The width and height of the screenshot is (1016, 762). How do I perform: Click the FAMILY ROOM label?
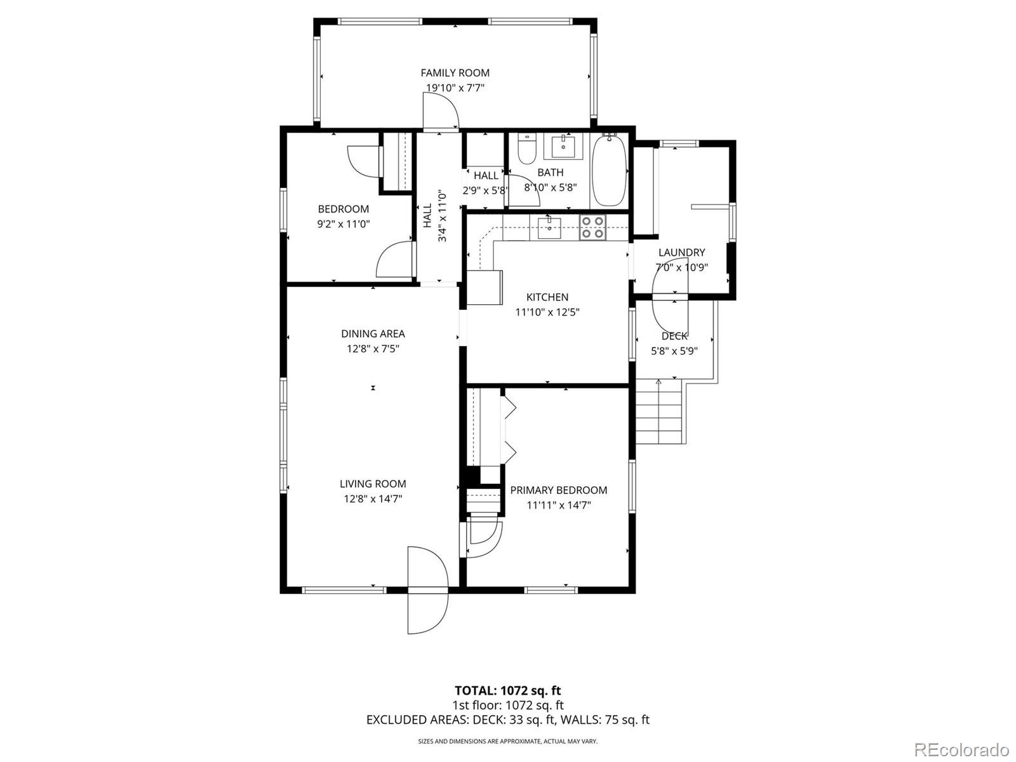tap(455, 73)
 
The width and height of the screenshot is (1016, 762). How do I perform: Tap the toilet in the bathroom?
tap(527, 149)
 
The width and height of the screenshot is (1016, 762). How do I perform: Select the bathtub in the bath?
tap(610, 170)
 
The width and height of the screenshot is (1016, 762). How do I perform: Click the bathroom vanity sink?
tap(563, 147)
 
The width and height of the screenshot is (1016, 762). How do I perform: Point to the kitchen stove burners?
tap(593, 227)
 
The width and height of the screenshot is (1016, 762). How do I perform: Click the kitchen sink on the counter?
tap(549, 227)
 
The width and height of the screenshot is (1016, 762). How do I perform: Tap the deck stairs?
tap(659, 411)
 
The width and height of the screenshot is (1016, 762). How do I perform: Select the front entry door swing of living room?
tap(427, 591)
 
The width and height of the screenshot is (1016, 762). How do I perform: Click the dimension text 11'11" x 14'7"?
tap(559, 505)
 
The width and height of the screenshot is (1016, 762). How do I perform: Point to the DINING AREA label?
tap(373, 333)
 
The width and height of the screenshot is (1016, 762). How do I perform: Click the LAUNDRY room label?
tap(681, 252)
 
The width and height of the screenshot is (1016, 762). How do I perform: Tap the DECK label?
tap(674, 336)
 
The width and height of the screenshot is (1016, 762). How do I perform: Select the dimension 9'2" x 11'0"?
tap(343, 224)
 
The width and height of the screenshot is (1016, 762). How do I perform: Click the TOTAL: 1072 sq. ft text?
tap(507, 690)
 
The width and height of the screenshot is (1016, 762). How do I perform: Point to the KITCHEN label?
tap(547, 297)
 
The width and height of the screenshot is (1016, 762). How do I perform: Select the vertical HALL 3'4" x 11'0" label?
tap(435, 216)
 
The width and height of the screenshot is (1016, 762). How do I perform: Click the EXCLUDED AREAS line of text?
tap(507, 719)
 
